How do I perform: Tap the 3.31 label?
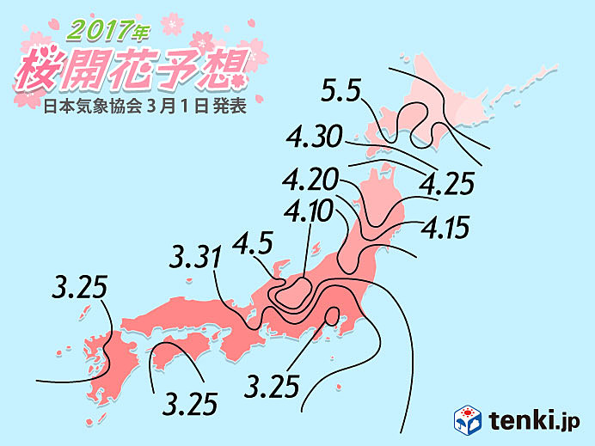coord(197,256)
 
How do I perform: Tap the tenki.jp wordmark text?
coord(535,419)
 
